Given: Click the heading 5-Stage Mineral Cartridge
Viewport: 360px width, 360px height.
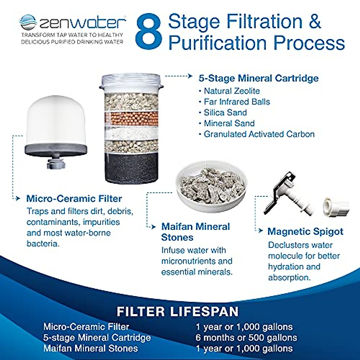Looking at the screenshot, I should [258, 78].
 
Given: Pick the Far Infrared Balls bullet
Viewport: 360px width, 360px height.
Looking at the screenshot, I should [237, 102].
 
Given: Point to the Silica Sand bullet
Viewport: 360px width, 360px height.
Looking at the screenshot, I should [225, 112].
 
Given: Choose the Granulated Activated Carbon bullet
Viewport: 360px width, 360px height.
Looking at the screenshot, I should [259, 134].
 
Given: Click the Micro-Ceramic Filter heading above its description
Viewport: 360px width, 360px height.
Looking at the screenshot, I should [74, 199].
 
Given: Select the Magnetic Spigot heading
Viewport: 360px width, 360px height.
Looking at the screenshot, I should [305, 232].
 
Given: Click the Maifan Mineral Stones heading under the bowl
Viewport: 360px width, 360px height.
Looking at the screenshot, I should [195, 232].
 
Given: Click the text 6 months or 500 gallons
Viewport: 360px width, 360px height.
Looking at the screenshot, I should [246, 337].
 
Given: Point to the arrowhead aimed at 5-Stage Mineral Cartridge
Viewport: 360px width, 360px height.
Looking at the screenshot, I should [190, 76].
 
